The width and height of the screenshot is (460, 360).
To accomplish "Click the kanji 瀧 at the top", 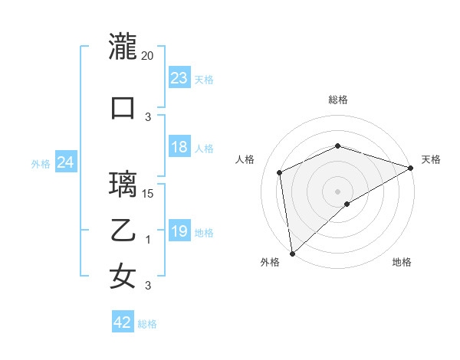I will pyautogui.click(x=123, y=47).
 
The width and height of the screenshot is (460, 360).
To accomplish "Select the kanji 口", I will pyautogui.click(x=123, y=107).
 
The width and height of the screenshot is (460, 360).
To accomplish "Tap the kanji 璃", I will pyautogui.click(x=123, y=184).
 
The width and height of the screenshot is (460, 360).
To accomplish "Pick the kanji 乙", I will pyautogui.click(x=123, y=230).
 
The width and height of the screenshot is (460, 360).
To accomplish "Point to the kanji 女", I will pyautogui.click(x=123, y=276).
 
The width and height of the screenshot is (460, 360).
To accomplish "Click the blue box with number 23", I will pyautogui.click(x=179, y=78).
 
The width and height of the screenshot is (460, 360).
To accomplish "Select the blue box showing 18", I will pyautogui.click(x=179, y=148).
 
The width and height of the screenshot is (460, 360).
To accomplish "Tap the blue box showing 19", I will pyautogui.click(x=179, y=232).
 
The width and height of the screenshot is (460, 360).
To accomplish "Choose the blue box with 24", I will pyautogui.click(x=66, y=162).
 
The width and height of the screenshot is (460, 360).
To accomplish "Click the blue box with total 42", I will pyautogui.click(x=123, y=323).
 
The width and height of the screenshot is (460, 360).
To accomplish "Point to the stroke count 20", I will pyautogui.click(x=148, y=56).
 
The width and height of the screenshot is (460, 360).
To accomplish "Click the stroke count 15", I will pyautogui.click(x=148, y=193).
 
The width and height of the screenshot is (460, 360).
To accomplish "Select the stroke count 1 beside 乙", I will pyautogui.click(x=148, y=240).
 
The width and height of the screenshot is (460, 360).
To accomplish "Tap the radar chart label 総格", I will pyautogui.click(x=337, y=100).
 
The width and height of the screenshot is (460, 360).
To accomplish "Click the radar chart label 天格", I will pyautogui.click(x=431, y=159).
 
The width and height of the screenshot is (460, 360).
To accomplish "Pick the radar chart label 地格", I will pyautogui.click(x=402, y=263).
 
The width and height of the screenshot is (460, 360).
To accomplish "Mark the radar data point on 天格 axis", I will pyautogui.click(x=410, y=168).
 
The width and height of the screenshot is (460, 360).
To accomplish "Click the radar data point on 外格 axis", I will pyautogui.click(x=292, y=253).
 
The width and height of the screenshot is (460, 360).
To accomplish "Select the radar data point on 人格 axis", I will pyautogui.click(x=280, y=172).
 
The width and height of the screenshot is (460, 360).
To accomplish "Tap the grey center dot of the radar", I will pyautogui.click(x=337, y=191).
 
